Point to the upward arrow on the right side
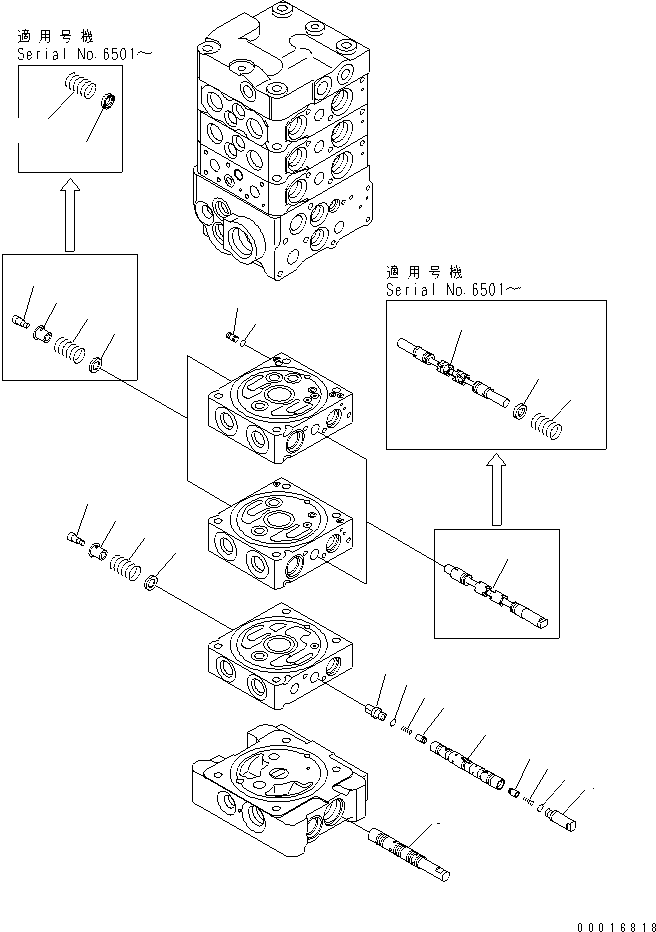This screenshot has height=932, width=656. pyautogui.click(x=494, y=489)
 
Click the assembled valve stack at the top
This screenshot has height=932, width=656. pyautogui.click(x=283, y=140)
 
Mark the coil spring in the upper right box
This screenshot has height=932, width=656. pyautogui.click(x=551, y=427)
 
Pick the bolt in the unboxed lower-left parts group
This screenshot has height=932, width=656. pyautogui.click(x=75, y=539)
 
